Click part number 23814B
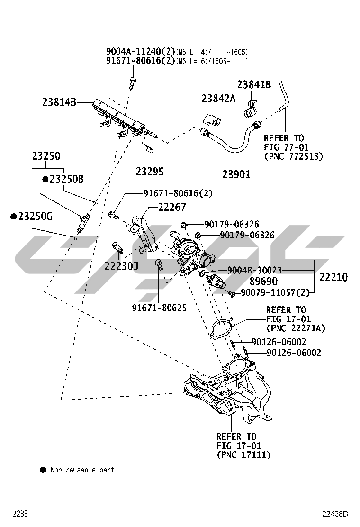[x=59, y=101]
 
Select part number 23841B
[x=254, y=84]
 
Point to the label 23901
[x=236, y=174]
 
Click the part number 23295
[x=150, y=171]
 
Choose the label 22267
[x=172, y=207]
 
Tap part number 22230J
[x=121, y=266]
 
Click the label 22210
[x=333, y=277]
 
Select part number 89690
[x=263, y=281]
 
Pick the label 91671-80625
[x=159, y=308]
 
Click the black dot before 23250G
[x=14, y=216]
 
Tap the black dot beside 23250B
[x=45, y=179]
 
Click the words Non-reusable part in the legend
[x=82, y=470]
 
